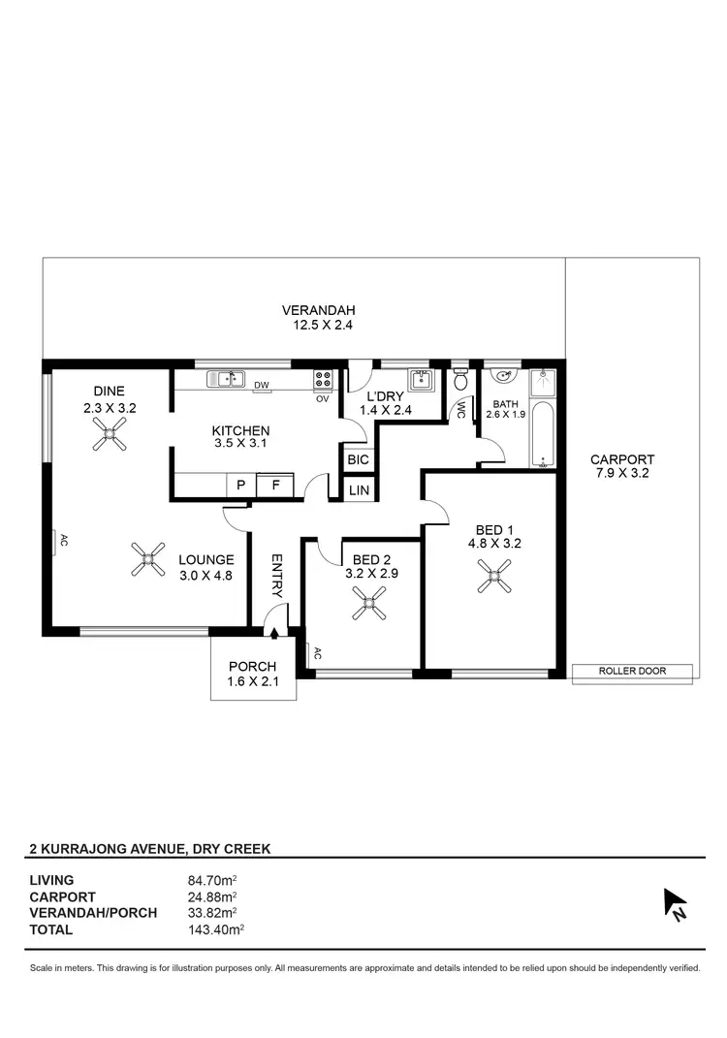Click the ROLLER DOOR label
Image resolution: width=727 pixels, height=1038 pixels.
click(632, 671)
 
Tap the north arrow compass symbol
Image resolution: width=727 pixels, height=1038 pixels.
click(674, 903)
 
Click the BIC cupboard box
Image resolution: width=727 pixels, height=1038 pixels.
click(358, 459)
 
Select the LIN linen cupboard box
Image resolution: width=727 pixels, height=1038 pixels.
click(359, 491)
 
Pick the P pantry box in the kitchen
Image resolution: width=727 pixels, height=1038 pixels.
click(239, 486)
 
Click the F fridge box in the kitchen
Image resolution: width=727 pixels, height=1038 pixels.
click(275, 486)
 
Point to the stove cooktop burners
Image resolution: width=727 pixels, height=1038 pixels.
click(323, 379)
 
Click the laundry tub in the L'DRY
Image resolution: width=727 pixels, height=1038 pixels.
click(420, 378)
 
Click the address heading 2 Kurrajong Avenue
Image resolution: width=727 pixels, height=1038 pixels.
click(150, 848)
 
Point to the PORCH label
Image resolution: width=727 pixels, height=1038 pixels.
click(252, 667)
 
